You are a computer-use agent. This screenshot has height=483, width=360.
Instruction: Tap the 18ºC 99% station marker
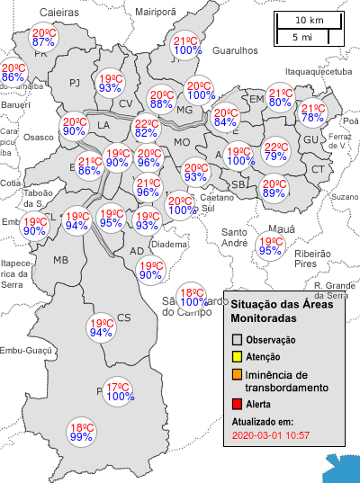coord(82,432)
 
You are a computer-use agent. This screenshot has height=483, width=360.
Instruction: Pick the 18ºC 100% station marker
coord(191,298)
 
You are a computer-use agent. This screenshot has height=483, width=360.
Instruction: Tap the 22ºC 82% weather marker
coord(147,129)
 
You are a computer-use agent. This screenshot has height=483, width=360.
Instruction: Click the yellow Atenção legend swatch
coord(238,357)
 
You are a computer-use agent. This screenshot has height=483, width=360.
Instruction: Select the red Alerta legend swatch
coord(238,405)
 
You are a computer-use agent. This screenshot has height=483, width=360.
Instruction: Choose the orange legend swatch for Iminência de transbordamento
coord(238,374)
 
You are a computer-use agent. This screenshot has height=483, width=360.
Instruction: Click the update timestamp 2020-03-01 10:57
coord(271,435)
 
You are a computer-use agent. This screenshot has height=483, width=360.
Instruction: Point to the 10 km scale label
coord(310,21)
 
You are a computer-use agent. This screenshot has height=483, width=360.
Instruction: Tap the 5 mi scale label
coord(302,37)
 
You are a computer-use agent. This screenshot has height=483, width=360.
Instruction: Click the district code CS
coord(124,317)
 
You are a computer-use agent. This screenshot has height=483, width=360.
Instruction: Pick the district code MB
coord(61,260)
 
